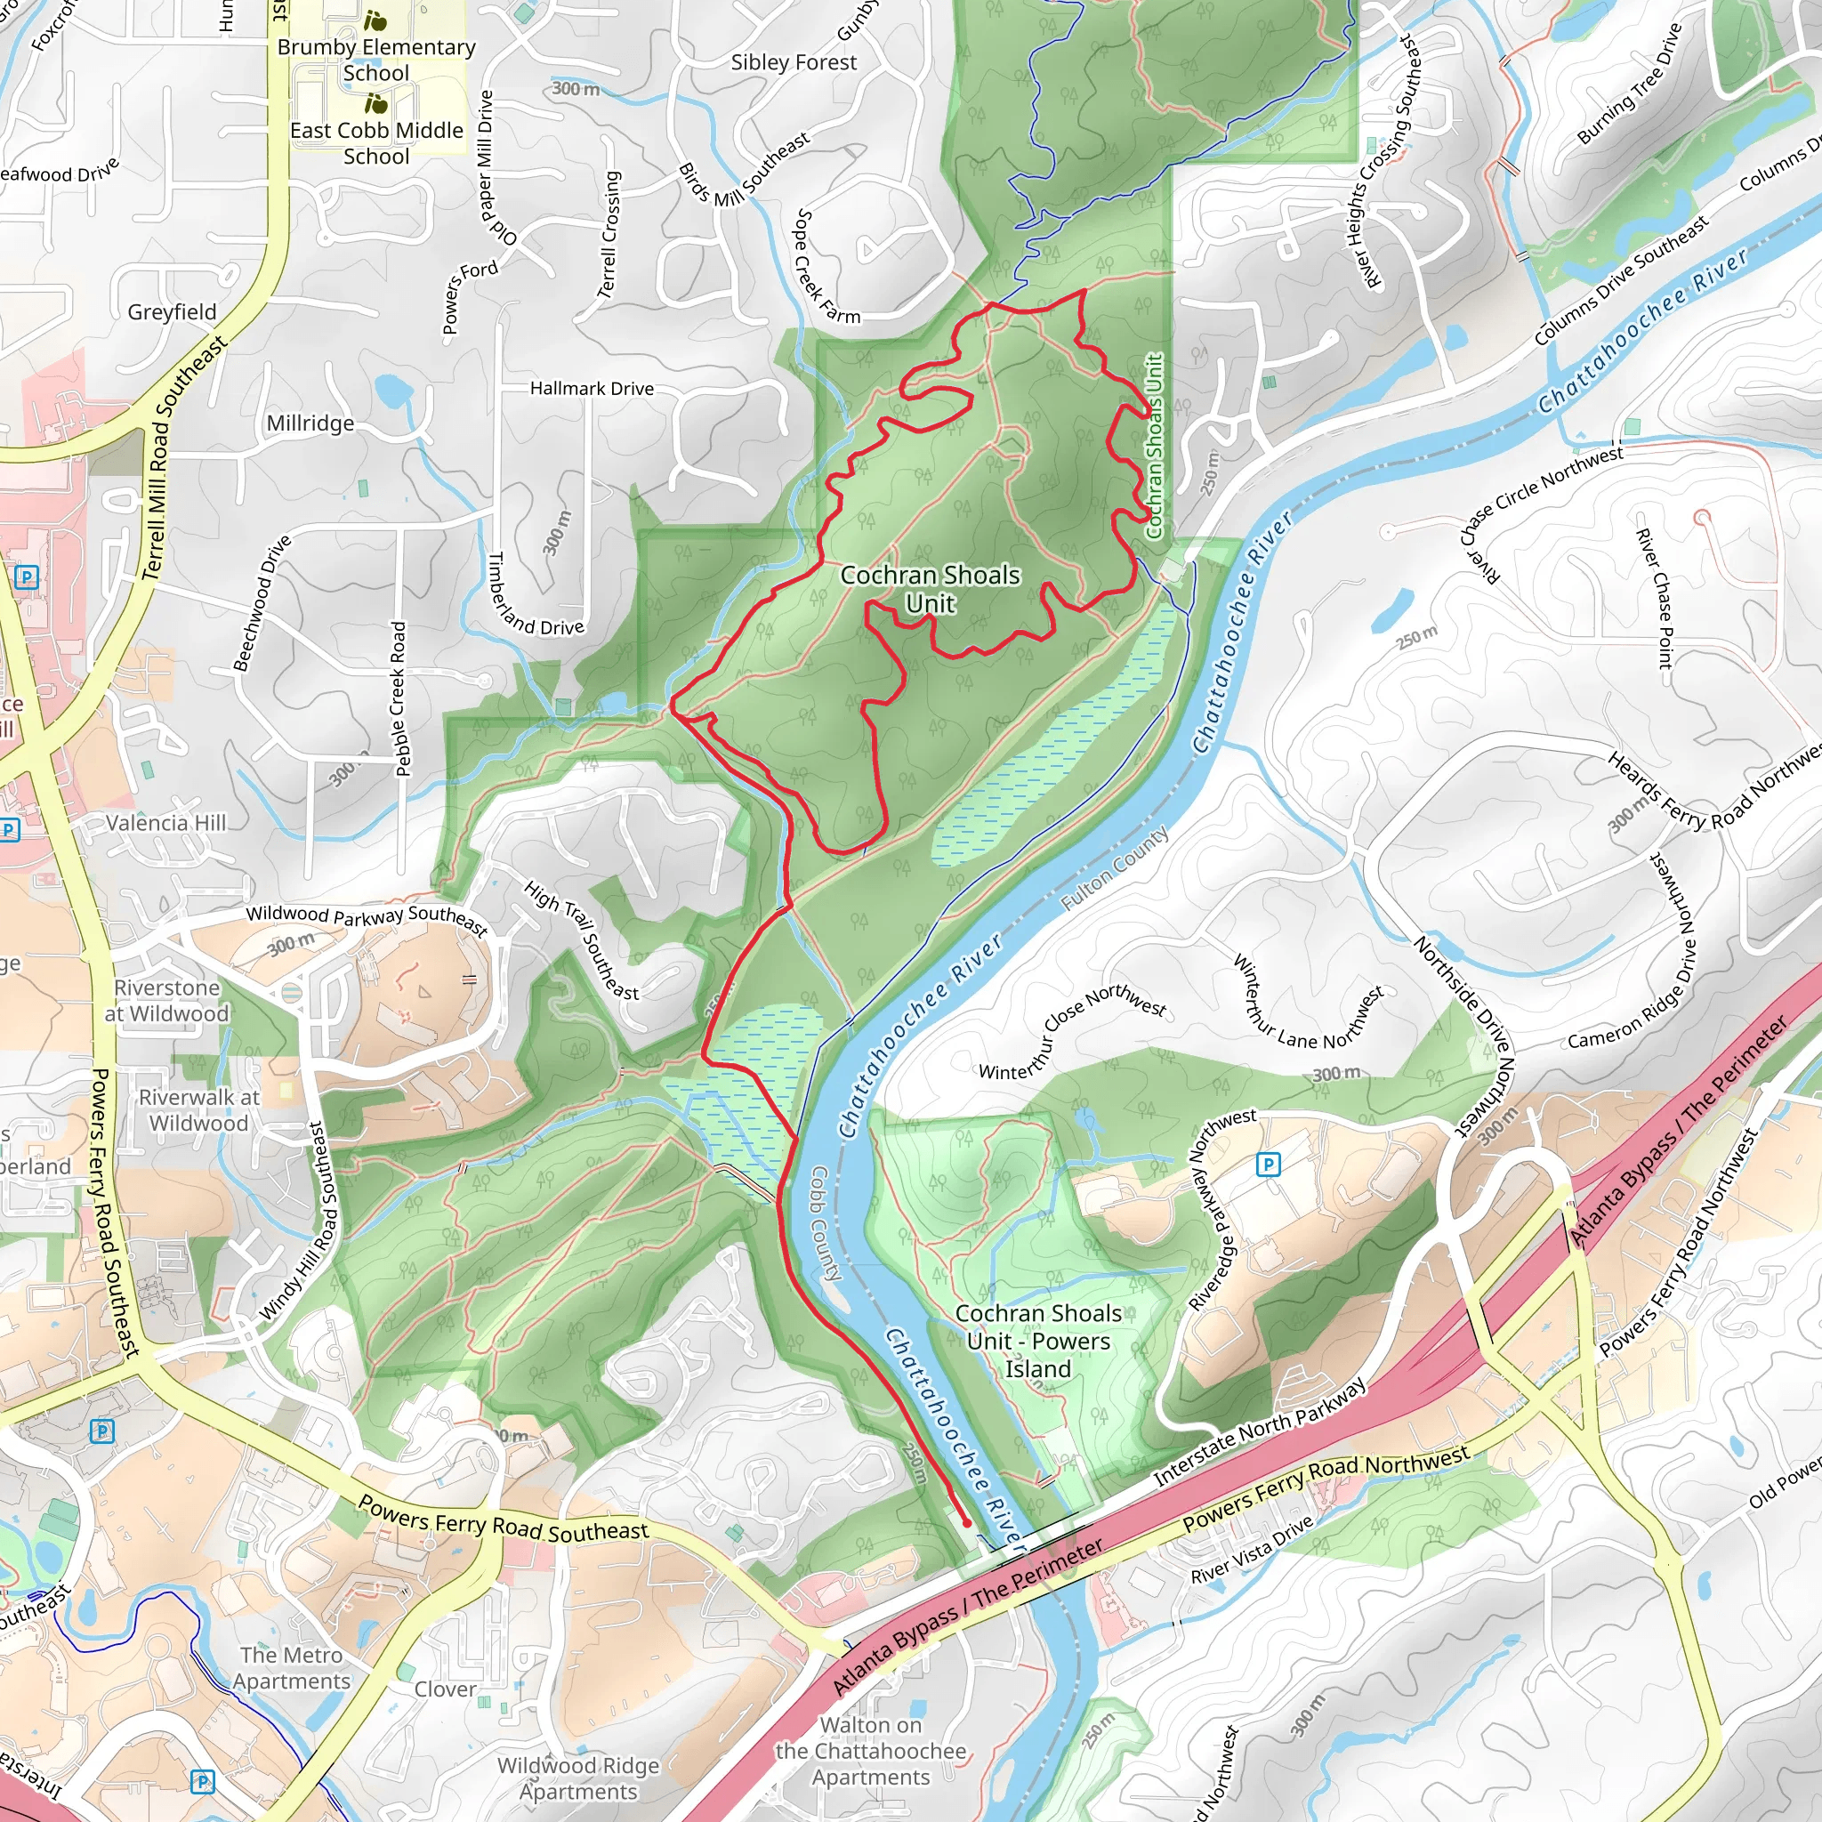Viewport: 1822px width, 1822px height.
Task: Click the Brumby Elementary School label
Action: point(375,60)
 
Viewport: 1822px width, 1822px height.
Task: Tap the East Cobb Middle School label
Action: point(375,142)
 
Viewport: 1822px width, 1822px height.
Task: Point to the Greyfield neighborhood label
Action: point(172,311)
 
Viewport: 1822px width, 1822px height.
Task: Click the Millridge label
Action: point(310,423)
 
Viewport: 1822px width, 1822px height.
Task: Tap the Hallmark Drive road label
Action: point(592,388)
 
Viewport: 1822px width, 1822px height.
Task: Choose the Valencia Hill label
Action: point(166,822)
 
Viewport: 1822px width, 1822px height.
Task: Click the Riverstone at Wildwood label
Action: point(167,1001)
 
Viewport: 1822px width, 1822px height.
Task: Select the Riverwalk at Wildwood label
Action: point(199,1110)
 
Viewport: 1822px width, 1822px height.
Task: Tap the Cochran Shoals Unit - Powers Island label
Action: point(1037,1340)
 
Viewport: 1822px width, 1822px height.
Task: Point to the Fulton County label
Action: point(1115,867)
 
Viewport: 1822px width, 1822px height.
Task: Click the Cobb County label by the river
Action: point(826,1222)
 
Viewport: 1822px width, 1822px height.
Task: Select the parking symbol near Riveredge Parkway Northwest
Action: point(1269,1165)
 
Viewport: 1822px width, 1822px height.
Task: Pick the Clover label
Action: point(445,1689)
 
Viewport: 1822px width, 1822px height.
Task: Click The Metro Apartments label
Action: point(292,1668)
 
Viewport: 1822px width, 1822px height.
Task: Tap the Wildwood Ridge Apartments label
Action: point(578,1778)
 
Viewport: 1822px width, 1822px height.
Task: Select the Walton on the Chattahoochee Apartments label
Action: point(870,1750)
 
